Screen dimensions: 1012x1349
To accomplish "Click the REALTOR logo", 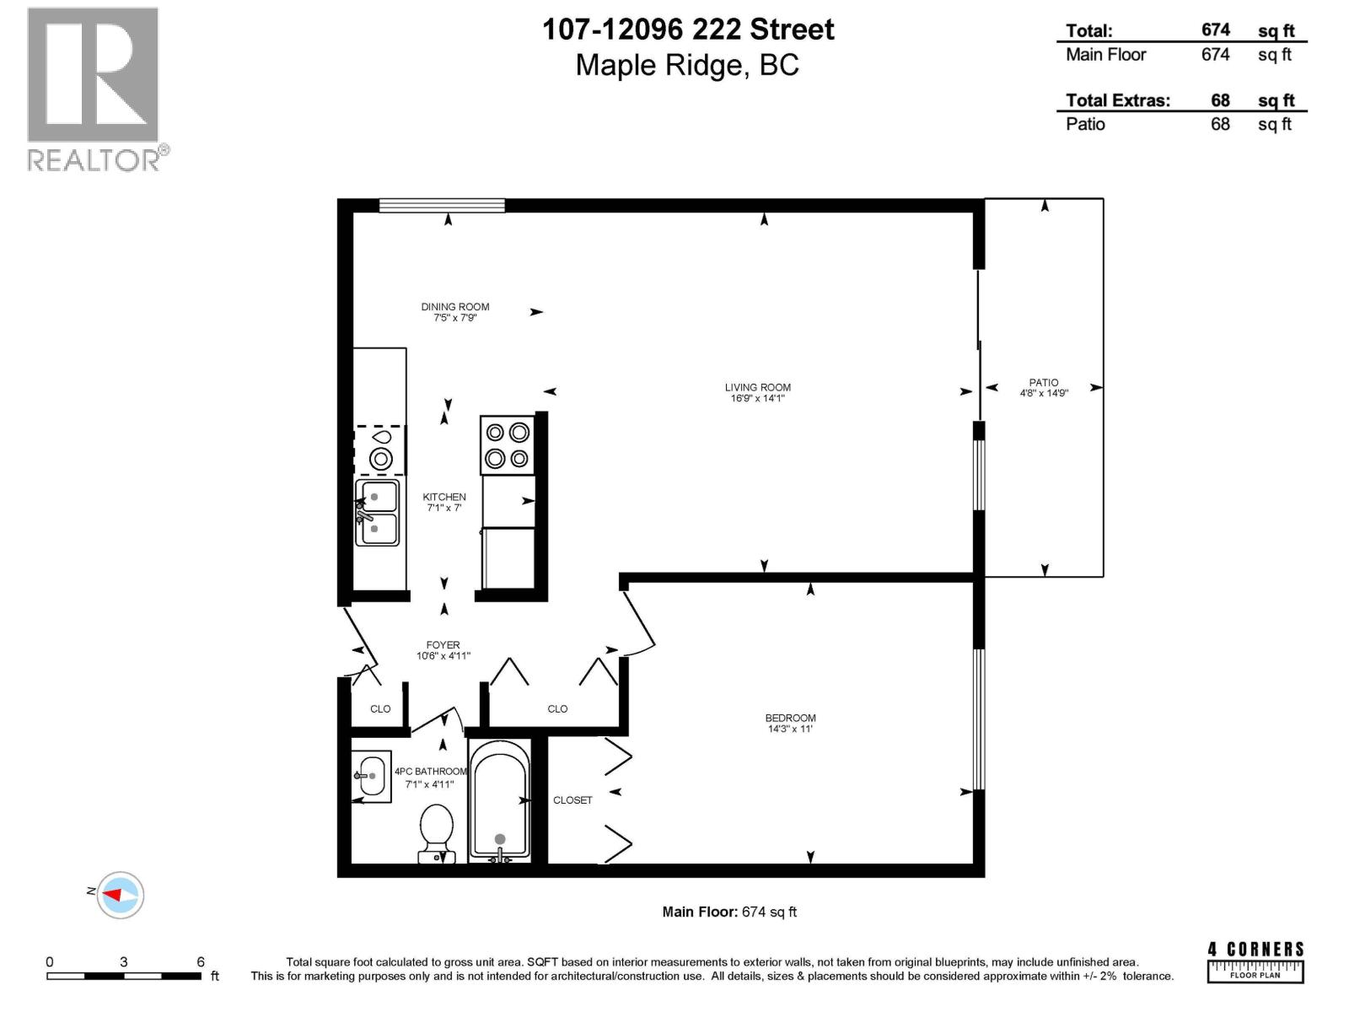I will [x=93, y=89].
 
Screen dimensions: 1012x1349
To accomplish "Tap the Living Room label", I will [x=757, y=388].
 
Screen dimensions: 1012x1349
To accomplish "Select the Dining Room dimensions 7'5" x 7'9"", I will [x=455, y=318].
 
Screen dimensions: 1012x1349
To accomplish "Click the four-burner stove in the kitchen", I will [x=507, y=445].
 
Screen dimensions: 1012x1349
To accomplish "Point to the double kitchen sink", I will [x=377, y=513].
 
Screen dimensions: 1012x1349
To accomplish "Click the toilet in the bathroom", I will [x=437, y=833].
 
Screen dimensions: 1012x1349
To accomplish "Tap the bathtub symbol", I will [x=499, y=799].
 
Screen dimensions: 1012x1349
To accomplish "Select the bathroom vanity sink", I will [x=370, y=776].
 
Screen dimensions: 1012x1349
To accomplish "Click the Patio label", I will [x=1043, y=383].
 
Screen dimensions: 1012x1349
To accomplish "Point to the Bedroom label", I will [x=790, y=719].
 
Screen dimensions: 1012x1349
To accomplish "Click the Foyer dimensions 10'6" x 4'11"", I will [x=443, y=656].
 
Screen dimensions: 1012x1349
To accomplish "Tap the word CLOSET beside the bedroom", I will [x=572, y=800].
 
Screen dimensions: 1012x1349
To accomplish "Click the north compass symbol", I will [x=120, y=895].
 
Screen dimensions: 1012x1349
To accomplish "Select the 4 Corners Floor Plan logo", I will [x=1255, y=961].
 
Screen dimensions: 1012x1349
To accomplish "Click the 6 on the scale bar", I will [x=201, y=962].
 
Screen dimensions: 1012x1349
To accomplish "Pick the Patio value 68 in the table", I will [x=1220, y=124].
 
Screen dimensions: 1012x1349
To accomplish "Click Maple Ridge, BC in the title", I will [x=687, y=66].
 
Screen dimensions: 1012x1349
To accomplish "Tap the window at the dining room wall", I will [x=442, y=205].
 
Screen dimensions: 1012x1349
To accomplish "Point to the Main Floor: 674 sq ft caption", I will [x=729, y=912].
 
